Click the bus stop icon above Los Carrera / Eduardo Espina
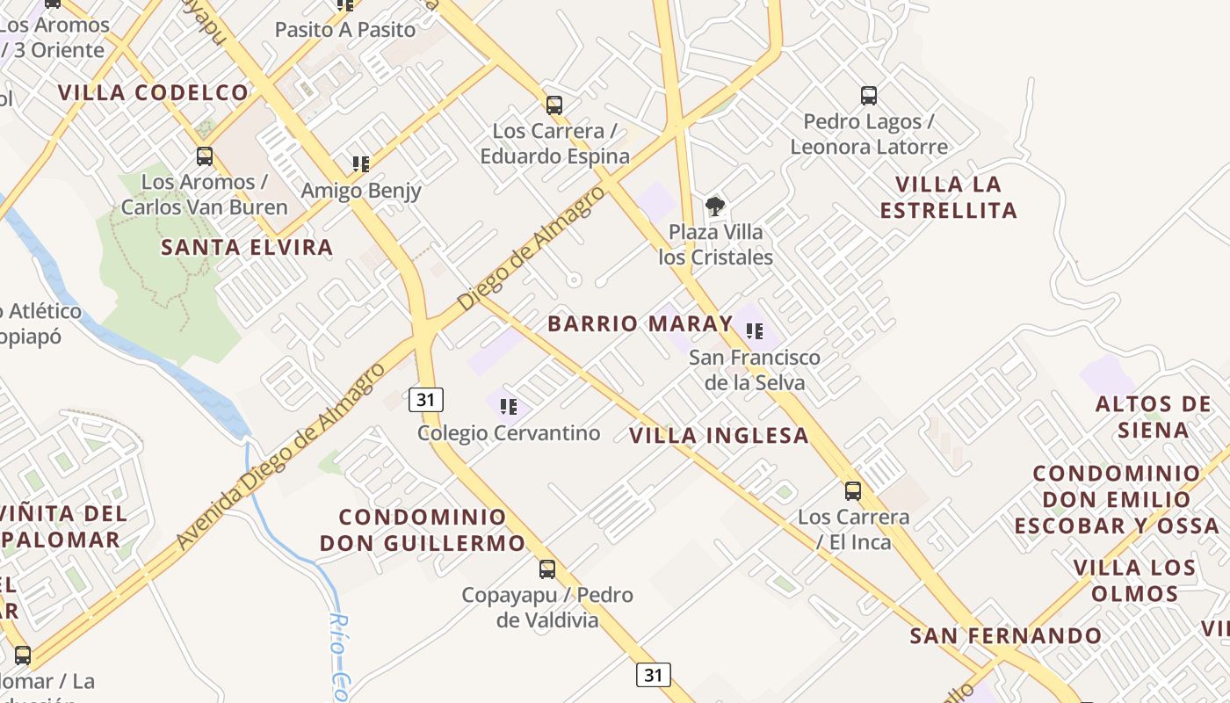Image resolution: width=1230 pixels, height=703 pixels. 553,105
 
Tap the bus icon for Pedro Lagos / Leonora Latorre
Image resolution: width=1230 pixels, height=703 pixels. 868,96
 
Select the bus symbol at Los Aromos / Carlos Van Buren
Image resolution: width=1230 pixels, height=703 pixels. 204,156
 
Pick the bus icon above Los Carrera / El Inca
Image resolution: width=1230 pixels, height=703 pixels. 852,491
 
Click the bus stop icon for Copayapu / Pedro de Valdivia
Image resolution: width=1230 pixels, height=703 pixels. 546,569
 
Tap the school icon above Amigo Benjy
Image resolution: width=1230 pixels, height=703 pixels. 360,164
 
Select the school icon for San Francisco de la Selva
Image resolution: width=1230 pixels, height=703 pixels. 754,331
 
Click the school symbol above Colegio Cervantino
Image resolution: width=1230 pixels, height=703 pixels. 508,406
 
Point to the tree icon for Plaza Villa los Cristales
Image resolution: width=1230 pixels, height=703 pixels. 715,207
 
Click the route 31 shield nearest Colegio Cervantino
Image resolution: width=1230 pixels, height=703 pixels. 426,400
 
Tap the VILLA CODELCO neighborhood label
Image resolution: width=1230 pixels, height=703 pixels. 154,92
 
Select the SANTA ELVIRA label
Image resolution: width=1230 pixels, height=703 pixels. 247,248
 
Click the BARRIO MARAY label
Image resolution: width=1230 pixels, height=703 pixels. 640,323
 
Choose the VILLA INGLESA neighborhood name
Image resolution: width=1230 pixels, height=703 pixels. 719,436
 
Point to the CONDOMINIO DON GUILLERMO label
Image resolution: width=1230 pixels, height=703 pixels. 423,530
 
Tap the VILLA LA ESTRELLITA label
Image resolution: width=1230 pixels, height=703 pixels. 948,198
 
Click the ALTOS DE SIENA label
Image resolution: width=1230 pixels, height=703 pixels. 1154,417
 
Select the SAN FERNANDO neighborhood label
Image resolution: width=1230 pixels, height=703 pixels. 1005,635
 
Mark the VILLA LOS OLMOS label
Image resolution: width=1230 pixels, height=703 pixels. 1134,580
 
